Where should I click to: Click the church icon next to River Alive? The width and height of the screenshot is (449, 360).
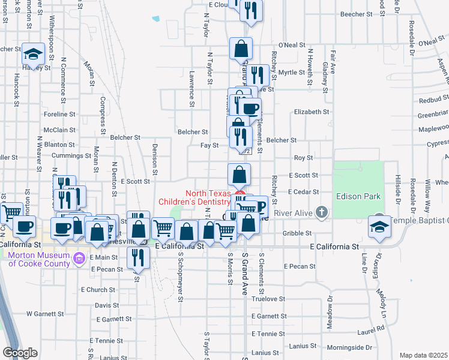point(322,212)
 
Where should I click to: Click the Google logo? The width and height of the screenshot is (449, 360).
point(20,353)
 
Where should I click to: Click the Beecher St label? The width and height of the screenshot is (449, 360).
point(357,13)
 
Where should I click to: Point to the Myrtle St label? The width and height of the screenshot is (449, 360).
point(292,72)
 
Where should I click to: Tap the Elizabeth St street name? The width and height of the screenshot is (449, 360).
point(312,112)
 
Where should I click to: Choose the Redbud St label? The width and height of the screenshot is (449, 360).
point(433,98)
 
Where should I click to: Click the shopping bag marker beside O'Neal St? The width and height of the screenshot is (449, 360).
point(241,48)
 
